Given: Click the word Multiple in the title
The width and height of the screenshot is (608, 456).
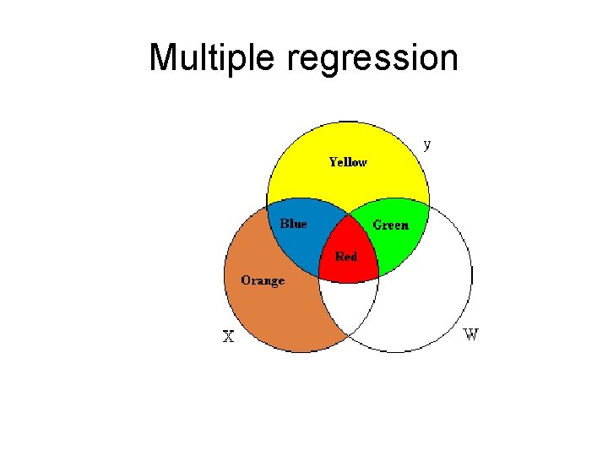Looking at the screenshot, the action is [x=214, y=58].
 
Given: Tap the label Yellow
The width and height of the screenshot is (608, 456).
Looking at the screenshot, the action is [x=347, y=161].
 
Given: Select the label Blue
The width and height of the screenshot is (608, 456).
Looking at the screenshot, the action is [x=293, y=224].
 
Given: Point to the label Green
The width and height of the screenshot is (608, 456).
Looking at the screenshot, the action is [x=390, y=225].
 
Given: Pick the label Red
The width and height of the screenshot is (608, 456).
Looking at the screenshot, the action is [x=346, y=256].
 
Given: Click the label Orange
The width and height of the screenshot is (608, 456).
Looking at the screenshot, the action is [x=263, y=280].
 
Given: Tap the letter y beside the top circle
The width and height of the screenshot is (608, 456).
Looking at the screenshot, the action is [x=427, y=144].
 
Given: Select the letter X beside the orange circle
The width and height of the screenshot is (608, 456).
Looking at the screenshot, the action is [x=228, y=337].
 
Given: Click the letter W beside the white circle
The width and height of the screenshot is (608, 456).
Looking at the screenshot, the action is [x=471, y=334].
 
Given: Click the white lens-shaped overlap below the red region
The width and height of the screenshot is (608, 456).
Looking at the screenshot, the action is [x=348, y=304].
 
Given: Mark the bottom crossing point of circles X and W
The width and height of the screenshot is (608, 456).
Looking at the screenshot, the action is [x=348, y=336].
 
